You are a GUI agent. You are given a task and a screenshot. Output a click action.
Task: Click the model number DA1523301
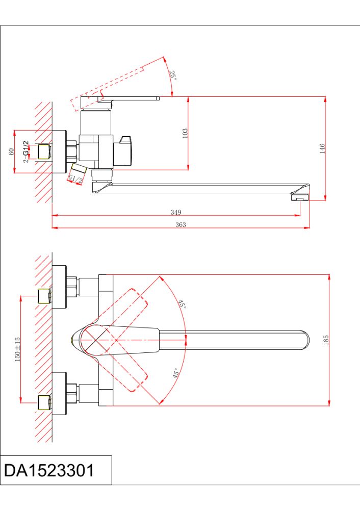[49, 470]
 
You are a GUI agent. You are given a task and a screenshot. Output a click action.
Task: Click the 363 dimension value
[181, 224]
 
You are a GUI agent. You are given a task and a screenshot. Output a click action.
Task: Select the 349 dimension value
[176, 212]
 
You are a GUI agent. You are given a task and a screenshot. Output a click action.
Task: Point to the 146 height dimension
[322, 148]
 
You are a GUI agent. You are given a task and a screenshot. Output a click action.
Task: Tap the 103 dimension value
[185, 133]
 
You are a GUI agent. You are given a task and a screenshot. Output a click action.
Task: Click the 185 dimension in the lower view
[326, 340]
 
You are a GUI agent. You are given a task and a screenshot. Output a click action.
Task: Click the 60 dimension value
[11, 152]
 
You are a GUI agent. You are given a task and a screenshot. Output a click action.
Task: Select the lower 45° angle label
[176, 373]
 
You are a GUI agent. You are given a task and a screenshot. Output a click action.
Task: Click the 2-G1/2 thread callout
[25, 152]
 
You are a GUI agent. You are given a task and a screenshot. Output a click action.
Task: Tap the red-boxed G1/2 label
[75, 178]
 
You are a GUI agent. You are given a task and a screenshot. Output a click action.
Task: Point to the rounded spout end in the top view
[304, 340]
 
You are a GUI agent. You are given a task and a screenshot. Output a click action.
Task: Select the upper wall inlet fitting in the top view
[45, 295]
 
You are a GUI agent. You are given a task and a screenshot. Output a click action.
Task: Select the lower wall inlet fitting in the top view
[45, 402]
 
